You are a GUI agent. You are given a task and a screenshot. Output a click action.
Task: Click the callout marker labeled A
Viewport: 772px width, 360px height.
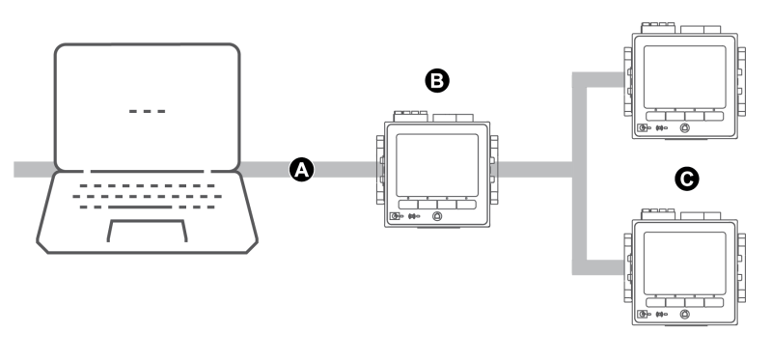tap(301, 170)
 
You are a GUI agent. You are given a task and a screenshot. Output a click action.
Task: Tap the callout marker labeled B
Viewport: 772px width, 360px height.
tap(437, 81)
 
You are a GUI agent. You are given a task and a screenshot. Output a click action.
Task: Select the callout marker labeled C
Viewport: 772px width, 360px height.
tap(685, 178)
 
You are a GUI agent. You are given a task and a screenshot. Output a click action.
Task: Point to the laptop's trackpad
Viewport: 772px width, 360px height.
tap(147, 232)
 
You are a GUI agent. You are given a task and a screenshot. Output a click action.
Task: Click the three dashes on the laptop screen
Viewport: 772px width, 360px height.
tap(147, 110)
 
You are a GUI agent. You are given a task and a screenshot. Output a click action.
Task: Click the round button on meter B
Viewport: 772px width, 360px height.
tap(436, 218)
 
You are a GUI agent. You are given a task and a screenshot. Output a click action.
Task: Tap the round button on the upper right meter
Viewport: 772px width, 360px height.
tap(683, 127)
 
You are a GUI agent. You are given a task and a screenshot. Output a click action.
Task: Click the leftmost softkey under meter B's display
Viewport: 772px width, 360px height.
tap(405, 205)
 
